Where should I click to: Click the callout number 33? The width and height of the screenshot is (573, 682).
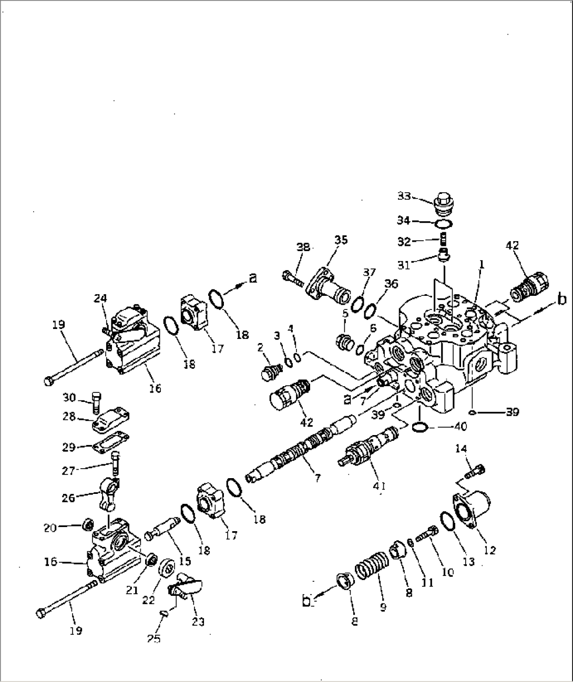coord(404,196)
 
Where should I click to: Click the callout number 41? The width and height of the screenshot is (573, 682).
coord(379,486)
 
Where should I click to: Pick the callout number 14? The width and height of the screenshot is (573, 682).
coord(461,448)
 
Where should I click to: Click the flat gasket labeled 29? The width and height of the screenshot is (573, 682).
coord(112,440)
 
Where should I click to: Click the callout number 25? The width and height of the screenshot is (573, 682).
coord(154,639)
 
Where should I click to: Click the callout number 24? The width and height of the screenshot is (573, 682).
coord(100,298)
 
